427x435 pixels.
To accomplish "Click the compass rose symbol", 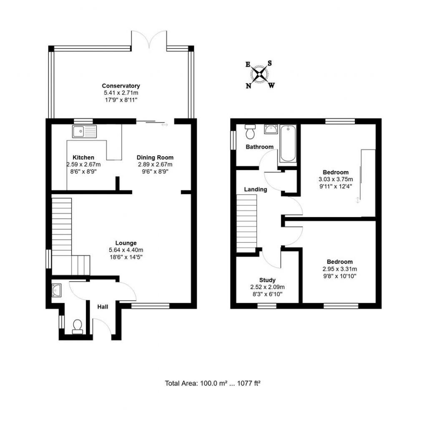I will pyautogui.click(x=260, y=75).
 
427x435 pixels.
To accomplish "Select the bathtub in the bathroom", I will pyautogui.click(x=288, y=144).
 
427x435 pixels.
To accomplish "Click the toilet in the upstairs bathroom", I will pyautogui.click(x=250, y=132).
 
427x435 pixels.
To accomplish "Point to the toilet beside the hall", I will pyautogui.click(x=78, y=326).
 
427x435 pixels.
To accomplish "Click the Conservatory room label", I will pyautogui.click(x=121, y=86).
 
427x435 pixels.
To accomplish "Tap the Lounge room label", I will pyautogui.click(x=126, y=243).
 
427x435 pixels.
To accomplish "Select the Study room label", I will pyautogui.click(x=267, y=280).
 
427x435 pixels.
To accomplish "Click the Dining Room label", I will pyautogui.click(x=155, y=157).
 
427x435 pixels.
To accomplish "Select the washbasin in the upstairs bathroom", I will pyautogui.click(x=271, y=130).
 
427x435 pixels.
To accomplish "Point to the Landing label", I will pyautogui.click(x=256, y=189).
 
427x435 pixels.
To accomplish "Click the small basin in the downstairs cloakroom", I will pyautogui.click(x=57, y=290).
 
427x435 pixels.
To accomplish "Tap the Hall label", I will pyautogui.click(x=103, y=307).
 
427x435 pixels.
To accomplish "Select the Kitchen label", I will pyautogui.click(x=83, y=157).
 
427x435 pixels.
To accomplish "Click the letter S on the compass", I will pyautogui.click(x=270, y=63).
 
